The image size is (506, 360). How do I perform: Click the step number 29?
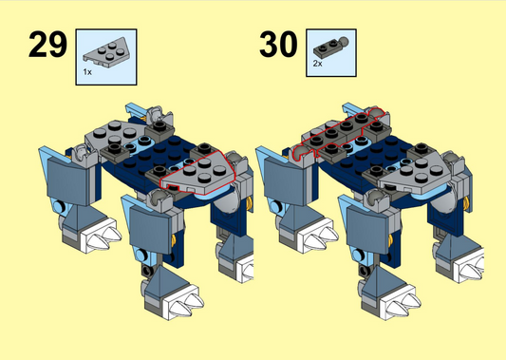coord(47,45)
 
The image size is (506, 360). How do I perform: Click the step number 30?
coord(278,45)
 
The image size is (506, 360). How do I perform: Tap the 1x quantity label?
coord(87,72)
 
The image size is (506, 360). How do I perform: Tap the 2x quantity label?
coord(317,64)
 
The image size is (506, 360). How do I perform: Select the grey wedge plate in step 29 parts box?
coord(107,52)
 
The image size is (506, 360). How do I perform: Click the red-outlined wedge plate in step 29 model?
coord(197,174)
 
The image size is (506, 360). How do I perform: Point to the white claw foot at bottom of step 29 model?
coord(183,303)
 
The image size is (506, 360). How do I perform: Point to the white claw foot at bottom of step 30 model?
coord(401,303)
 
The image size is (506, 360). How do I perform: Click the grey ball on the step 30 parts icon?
coord(345,41)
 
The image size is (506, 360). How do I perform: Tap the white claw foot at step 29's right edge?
coord(244,266)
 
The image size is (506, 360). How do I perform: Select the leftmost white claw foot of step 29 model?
coord(101,236)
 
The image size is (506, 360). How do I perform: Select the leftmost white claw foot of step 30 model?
coord(317,236)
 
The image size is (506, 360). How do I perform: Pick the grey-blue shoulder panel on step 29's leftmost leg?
coord(67,180)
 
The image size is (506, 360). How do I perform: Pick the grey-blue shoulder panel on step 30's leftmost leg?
coord(284,180)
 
